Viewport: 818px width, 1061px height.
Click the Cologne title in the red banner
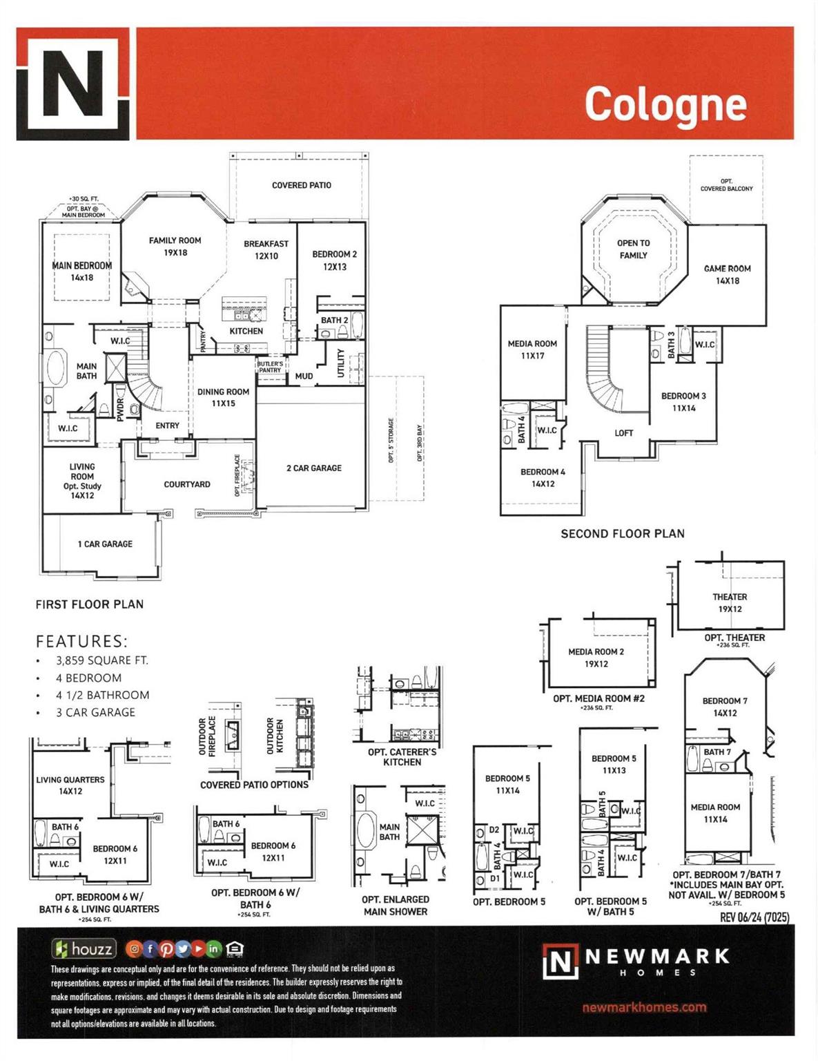[x=665, y=104]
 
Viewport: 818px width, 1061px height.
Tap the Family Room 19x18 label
[x=175, y=247]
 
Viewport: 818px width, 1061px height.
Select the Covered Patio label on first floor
[x=301, y=185]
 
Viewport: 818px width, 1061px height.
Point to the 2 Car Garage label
[x=314, y=468]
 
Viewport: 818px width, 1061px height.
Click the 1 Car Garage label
[x=105, y=544]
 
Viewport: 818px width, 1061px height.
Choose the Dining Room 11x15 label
[x=223, y=397]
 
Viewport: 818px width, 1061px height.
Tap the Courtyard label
[x=187, y=484]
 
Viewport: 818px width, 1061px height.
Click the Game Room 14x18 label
[x=727, y=274]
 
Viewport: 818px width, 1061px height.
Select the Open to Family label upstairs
[x=633, y=249]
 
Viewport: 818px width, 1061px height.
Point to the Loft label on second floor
[x=623, y=433]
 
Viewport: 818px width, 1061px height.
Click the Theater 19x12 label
[x=730, y=602]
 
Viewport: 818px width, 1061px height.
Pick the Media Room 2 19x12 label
[x=596, y=658]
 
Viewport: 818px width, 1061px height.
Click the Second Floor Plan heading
[x=622, y=534]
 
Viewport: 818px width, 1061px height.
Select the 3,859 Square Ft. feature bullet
[x=101, y=660]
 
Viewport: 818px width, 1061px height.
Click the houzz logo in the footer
[x=84, y=949]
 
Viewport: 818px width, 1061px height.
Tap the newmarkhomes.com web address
[x=644, y=1007]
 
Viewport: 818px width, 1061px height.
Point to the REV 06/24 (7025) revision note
[x=754, y=917]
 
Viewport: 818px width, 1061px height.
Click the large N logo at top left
[x=72, y=84]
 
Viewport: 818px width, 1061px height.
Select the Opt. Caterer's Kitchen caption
[x=402, y=757]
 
